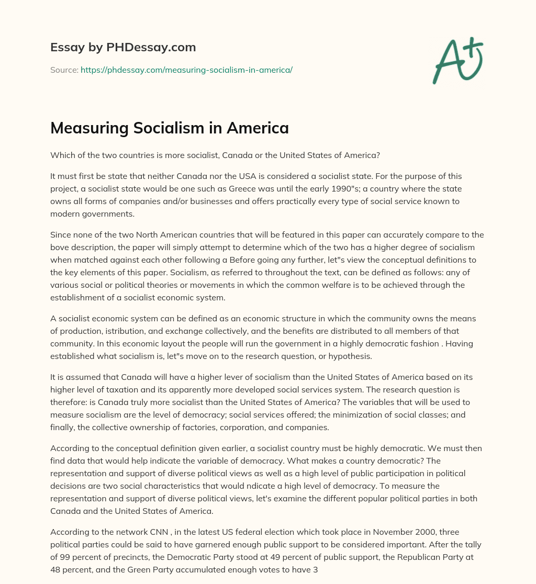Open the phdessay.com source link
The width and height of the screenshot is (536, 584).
tap(186, 70)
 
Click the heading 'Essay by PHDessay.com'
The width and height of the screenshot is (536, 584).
tap(123, 48)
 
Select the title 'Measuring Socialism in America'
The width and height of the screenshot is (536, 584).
tap(170, 128)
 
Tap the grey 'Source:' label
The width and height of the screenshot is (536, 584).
tap(64, 70)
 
